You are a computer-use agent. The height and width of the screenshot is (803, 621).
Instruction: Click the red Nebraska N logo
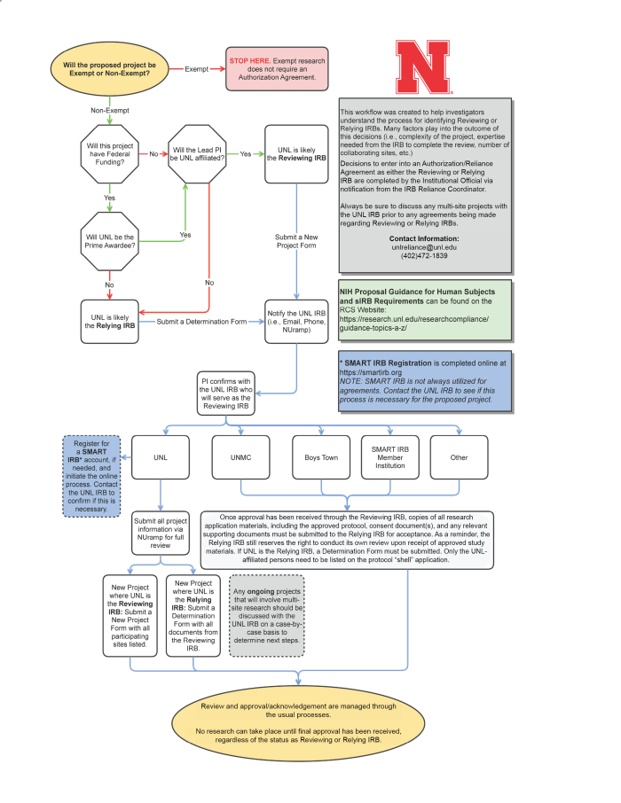coord(425,66)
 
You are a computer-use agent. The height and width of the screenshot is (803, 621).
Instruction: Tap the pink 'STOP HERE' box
coord(277,68)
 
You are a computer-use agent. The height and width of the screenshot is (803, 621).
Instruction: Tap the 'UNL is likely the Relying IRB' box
coord(109,321)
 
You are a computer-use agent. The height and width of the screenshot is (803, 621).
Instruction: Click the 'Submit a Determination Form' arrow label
coord(201,321)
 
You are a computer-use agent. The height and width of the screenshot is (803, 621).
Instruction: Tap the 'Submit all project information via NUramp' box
coord(161,533)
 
